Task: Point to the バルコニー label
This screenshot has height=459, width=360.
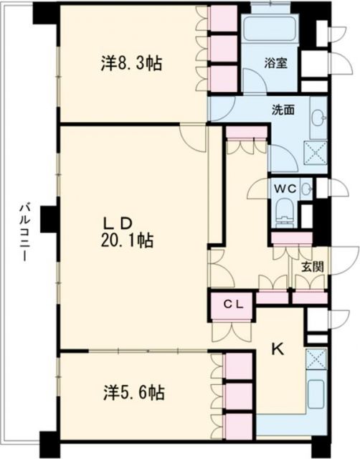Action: tap(22, 233)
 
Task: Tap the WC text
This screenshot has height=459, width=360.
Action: tap(284, 188)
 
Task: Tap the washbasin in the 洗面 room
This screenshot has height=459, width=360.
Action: tap(318, 118)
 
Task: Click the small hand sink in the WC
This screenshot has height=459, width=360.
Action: tap(306, 189)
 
